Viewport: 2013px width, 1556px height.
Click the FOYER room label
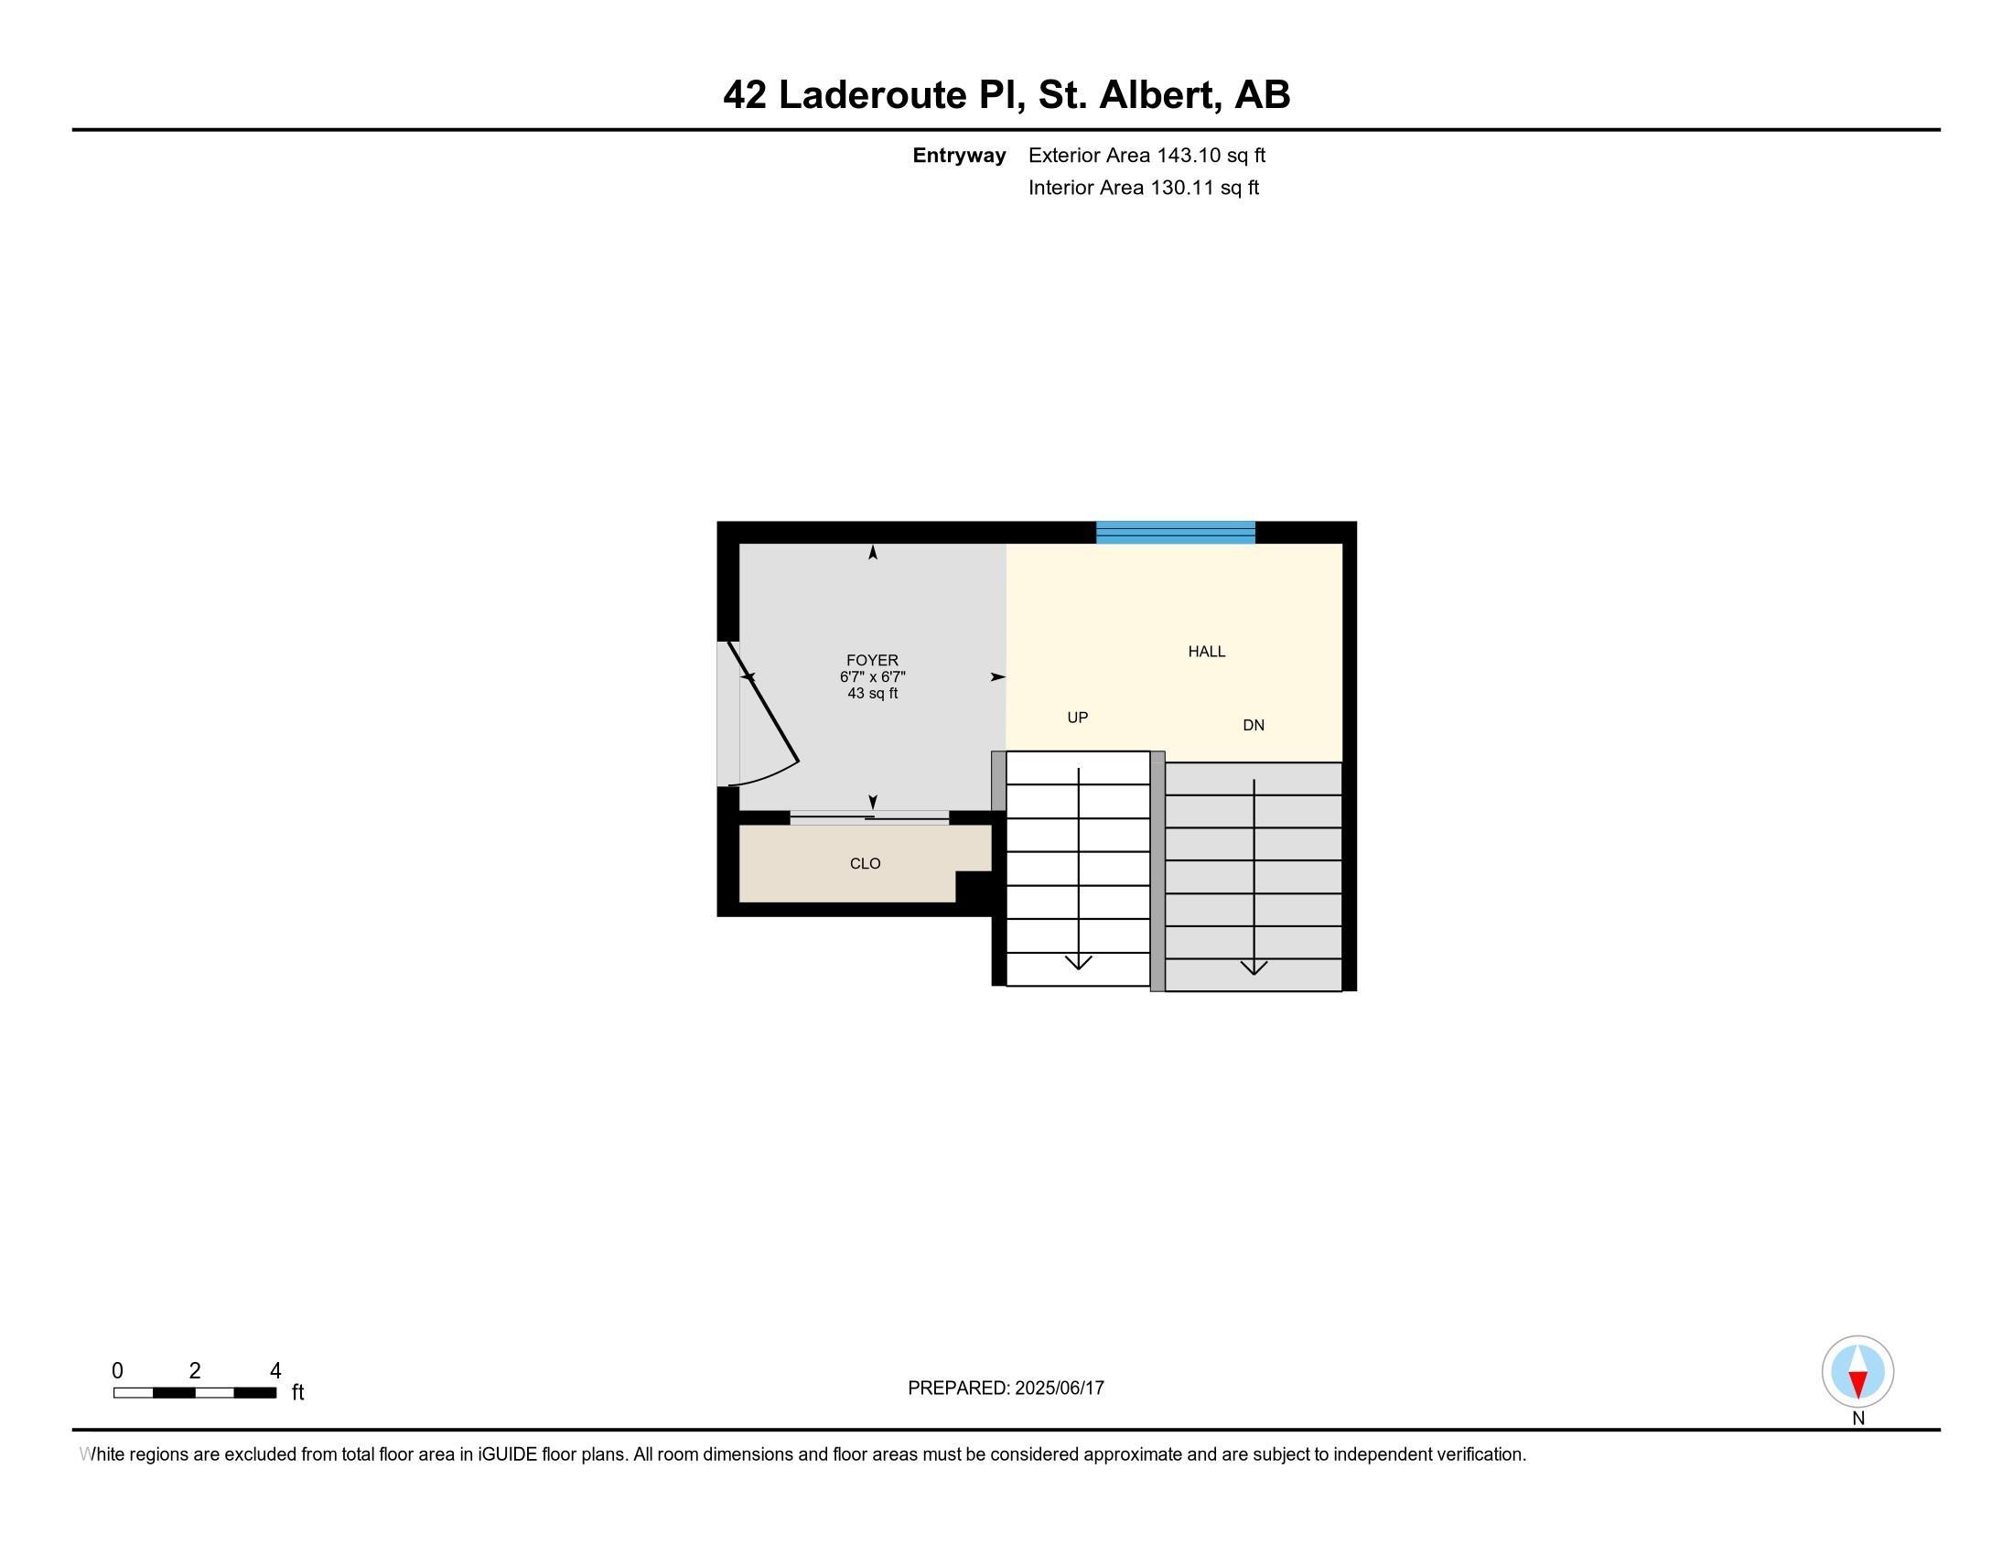(872, 660)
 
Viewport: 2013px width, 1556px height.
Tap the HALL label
(1207, 652)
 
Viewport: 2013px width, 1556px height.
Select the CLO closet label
(865, 864)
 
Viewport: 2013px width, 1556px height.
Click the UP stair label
(1078, 718)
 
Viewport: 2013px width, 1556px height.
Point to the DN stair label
(1254, 726)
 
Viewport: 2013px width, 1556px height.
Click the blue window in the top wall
(1175, 533)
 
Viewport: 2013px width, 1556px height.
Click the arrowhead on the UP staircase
(1079, 962)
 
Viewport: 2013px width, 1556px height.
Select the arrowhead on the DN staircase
(1254, 967)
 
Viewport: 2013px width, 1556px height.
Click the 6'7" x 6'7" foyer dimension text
(872, 676)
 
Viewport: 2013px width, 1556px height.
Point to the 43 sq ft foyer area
(872, 693)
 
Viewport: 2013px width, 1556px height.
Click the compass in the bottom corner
(1857, 1372)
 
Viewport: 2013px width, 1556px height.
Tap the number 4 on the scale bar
(274, 1371)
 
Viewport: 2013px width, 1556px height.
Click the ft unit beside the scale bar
(297, 1392)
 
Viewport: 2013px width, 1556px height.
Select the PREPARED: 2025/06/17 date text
(1006, 1389)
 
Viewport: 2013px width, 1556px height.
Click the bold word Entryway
(959, 156)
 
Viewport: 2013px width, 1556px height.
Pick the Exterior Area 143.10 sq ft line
(1146, 155)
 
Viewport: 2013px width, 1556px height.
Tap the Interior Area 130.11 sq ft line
(1143, 187)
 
